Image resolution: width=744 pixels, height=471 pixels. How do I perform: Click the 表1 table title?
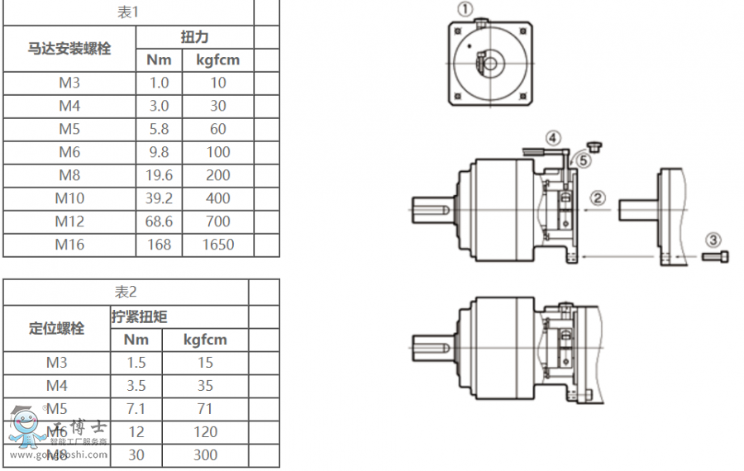[x=127, y=12]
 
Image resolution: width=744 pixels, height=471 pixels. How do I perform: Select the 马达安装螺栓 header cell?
[x=69, y=49]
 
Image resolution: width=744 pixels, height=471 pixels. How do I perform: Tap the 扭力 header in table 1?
[x=194, y=37]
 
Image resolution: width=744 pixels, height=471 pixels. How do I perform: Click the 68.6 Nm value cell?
[x=159, y=221]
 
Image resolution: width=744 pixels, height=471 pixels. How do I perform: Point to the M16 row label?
[x=69, y=245]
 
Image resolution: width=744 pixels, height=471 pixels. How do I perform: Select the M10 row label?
[x=69, y=198]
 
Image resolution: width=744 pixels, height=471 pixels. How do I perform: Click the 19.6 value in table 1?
[x=159, y=175]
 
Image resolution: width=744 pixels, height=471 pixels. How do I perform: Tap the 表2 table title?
[x=126, y=292]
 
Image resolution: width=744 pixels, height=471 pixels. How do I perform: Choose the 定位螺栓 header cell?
[x=57, y=328]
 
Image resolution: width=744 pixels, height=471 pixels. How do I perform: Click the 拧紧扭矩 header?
[x=139, y=316]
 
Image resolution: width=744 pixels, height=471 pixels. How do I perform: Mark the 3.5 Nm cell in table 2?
[x=136, y=385]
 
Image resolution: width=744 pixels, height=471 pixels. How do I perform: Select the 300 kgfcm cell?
[x=205, y=454]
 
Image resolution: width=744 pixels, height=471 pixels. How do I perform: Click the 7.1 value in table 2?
[x=136, y=408]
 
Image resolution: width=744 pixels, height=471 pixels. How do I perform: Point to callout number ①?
[x=465, y=10]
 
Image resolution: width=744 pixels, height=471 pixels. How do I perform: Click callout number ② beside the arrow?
[x=598, y=198]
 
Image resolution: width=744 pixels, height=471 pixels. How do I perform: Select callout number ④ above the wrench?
[x=553, y=138]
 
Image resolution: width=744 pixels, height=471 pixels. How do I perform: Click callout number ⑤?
[x=584, y=160]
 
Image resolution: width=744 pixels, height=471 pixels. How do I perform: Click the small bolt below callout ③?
[x=716, y=258]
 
